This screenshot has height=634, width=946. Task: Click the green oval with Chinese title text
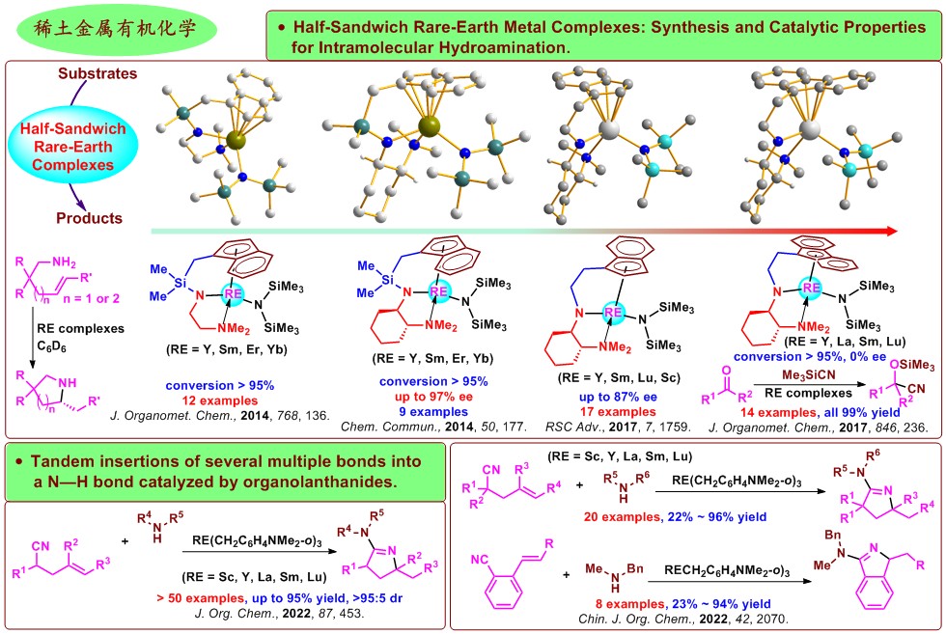pos(118,29)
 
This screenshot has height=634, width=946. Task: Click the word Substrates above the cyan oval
pos(96,73)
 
